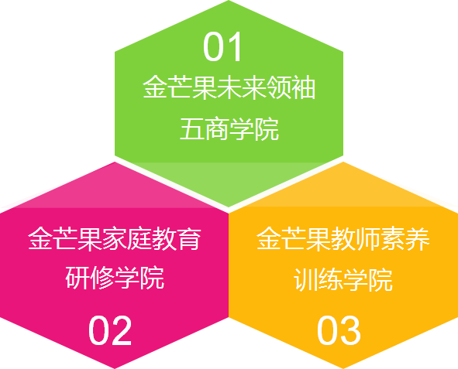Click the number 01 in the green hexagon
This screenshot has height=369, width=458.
click(x=222, y=46)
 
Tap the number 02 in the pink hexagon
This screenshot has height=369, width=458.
click(x=110, y=330)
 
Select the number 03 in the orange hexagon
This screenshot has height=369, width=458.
click(x=339, y=330)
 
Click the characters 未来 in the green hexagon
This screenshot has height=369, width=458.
click(x=241, y=87)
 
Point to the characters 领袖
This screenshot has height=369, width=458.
click(x=291, y=87)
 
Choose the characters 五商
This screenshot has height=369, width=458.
click(x=205, y=128)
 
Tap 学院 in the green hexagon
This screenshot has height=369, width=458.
click(x=254, y=128)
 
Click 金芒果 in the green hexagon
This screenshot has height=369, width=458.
click(x=180, y=87)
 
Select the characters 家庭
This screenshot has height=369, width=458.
click(x=127, y=239)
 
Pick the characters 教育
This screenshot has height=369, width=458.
click(x=177, y=239)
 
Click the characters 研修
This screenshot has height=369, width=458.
click(x=90, y=278)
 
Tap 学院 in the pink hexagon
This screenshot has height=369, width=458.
click(x=139, y=278)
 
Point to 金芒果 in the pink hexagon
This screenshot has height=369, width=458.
click(x=65, y=239)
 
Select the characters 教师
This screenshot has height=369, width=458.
click(x=356, y=239)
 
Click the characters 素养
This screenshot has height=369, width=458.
click(x=405, y=239)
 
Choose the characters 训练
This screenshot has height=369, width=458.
click(x=319, y=279)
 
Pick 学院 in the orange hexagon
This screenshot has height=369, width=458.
click(x=368, y=279)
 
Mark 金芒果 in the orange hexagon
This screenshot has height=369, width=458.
click(x=294, y=239)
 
